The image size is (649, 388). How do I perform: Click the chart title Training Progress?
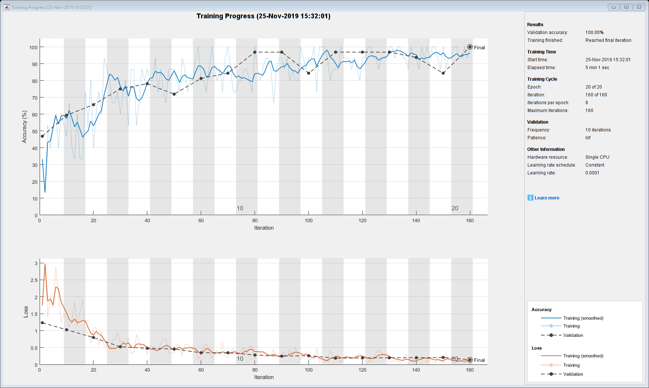point(263,16)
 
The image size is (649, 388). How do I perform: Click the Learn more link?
point(547,198)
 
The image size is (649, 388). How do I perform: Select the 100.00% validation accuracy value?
point(594,32)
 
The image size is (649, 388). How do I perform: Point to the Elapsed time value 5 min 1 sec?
point(597,68)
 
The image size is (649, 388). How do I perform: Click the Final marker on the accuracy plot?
point(470,47)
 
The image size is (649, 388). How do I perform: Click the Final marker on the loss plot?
point(470,360)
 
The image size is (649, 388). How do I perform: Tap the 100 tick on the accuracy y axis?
point(33,47)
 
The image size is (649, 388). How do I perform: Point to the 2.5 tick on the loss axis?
point(34,280)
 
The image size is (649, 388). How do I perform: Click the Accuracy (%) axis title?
point(24,127)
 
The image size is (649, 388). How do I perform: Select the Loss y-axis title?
point(26,312)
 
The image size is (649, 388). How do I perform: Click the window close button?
point(639,7)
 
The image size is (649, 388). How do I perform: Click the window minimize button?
point(613,7)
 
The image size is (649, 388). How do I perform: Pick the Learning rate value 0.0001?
point(592,173)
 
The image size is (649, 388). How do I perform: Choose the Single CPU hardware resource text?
point(597,157)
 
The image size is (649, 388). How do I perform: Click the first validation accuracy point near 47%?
point(42,136)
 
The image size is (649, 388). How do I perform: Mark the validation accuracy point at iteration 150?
point(443,73)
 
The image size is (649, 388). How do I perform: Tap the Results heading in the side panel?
point(535,25)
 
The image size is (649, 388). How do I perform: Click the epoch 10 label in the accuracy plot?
point(240,208)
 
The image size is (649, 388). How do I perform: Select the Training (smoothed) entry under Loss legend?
point(583,356)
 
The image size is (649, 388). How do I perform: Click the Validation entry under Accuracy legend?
point(573,335)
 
